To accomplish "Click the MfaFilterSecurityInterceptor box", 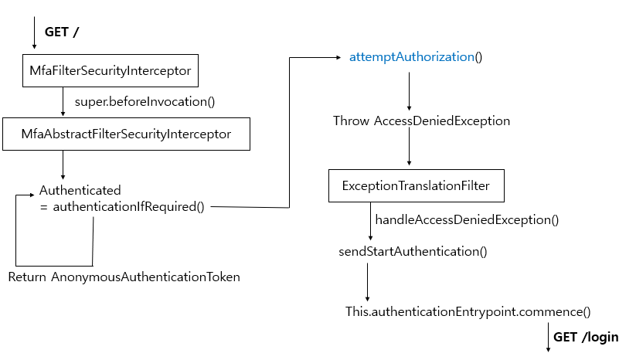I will pyautogui.click(x=111, y=71).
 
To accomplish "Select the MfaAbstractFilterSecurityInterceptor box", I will pyautogui.click(x=127, y=134).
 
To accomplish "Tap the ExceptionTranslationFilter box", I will pyautogui.click(x=416, y=186).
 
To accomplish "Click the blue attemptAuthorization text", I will pyautogui.click(x=411, y=57).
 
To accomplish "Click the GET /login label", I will pyautogui.click(x=586, y=338).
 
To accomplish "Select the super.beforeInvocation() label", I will pyautogui.click(x=145, y=101).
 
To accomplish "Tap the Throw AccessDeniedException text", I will pyautogui.click(x=421, y=121).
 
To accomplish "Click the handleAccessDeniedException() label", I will pyautogui.click(x=466, y=220).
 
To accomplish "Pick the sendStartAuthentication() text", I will pyautogui.click(x=413, y=252).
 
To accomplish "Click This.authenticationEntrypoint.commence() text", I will pyautogui.click(x=468, y=312).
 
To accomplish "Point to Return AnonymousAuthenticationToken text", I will pyautogui.click(x=124, y=277).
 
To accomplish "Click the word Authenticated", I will pyautogui.click(x=80, y=190).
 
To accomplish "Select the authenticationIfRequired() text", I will pyautogui.click(x=128, y=206).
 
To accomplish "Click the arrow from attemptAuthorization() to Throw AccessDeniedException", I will pyautogui.click(x=408, y=93).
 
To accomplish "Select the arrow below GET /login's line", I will pyautogui.click(x=549, y=340).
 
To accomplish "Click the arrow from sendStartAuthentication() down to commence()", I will pyautogui.click(x=367, y=282).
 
